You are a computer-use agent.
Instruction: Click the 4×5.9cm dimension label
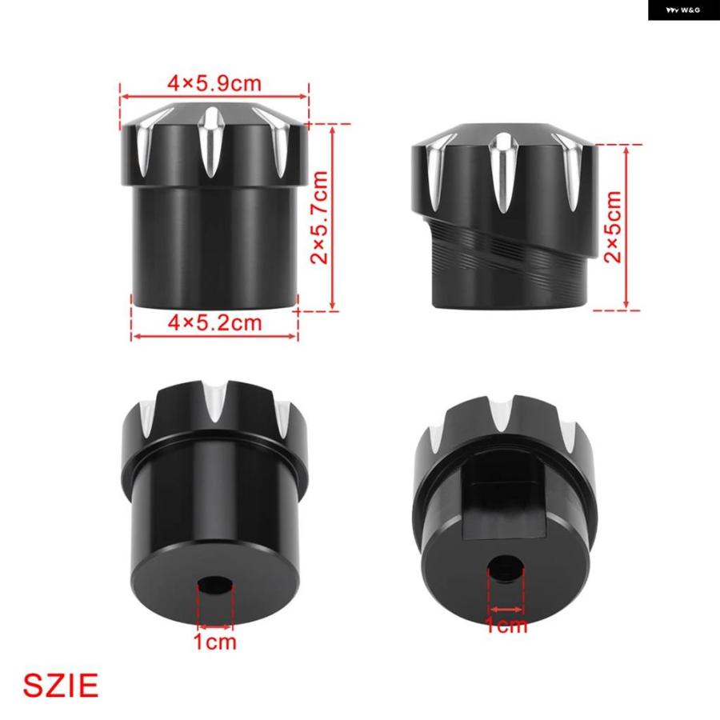(214, 83)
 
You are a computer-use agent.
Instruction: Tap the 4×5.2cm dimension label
(214, 323)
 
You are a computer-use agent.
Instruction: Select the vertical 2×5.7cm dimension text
(319, 217)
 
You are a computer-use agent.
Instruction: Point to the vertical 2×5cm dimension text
(613, 227)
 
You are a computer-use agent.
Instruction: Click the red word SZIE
(61, 686)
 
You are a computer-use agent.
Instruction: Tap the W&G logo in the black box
(683, 10)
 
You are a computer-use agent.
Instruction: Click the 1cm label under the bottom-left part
(215, 642)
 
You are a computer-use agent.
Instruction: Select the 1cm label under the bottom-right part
(506, 626)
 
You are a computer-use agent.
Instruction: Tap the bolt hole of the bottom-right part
(505, 566)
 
